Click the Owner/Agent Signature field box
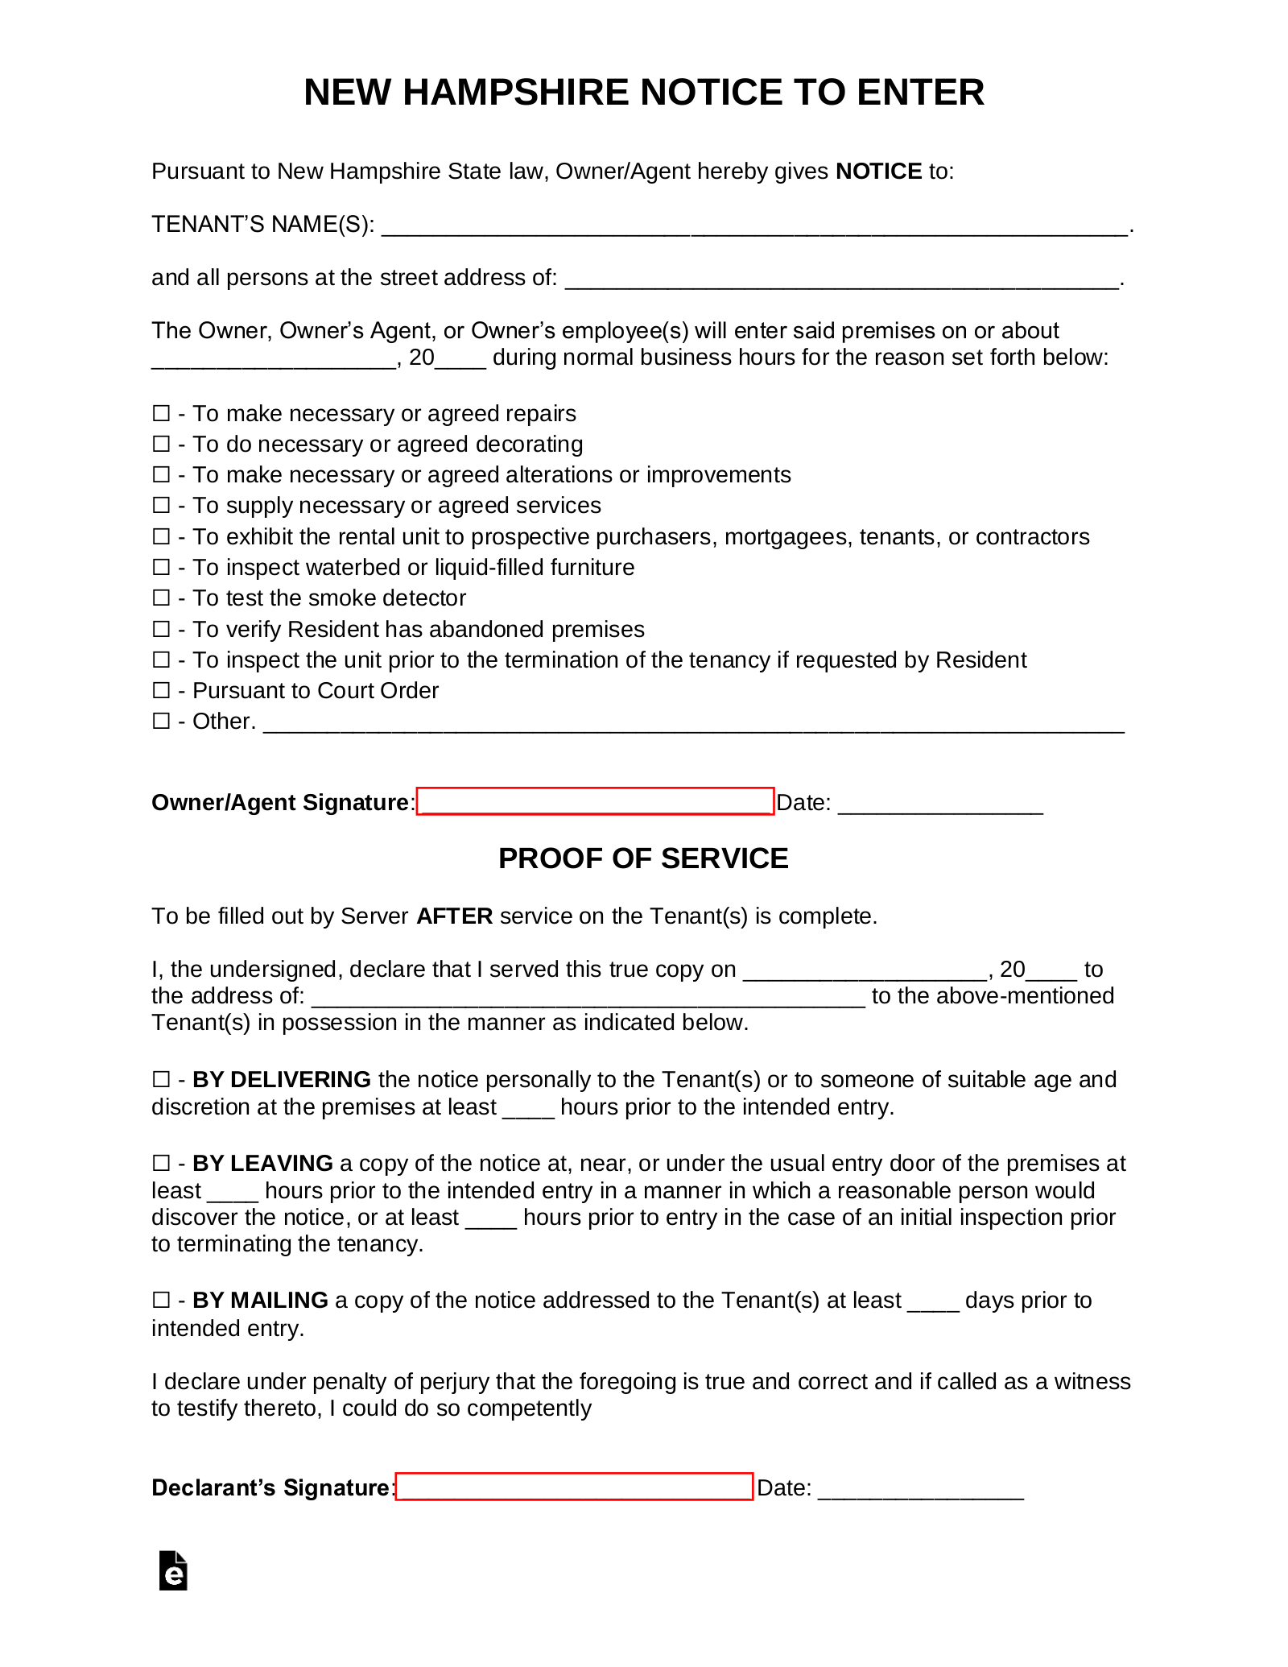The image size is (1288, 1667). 595,801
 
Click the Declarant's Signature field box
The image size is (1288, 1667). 574,1487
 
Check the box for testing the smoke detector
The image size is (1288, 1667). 161,598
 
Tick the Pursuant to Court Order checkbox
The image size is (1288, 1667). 161,690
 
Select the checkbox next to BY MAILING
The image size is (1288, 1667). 161,1300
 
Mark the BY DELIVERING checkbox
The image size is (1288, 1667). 161,1079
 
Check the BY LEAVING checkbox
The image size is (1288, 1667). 161,1163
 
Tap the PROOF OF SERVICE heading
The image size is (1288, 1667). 643,858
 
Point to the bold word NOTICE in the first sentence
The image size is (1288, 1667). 878,172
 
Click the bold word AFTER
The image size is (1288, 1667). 454,916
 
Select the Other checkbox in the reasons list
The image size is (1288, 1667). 161,721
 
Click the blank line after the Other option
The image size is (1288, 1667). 693,723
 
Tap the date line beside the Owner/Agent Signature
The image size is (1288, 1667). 940,804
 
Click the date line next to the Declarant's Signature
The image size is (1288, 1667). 921,1489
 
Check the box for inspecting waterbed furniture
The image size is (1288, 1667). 161,567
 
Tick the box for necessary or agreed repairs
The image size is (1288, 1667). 161,413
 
